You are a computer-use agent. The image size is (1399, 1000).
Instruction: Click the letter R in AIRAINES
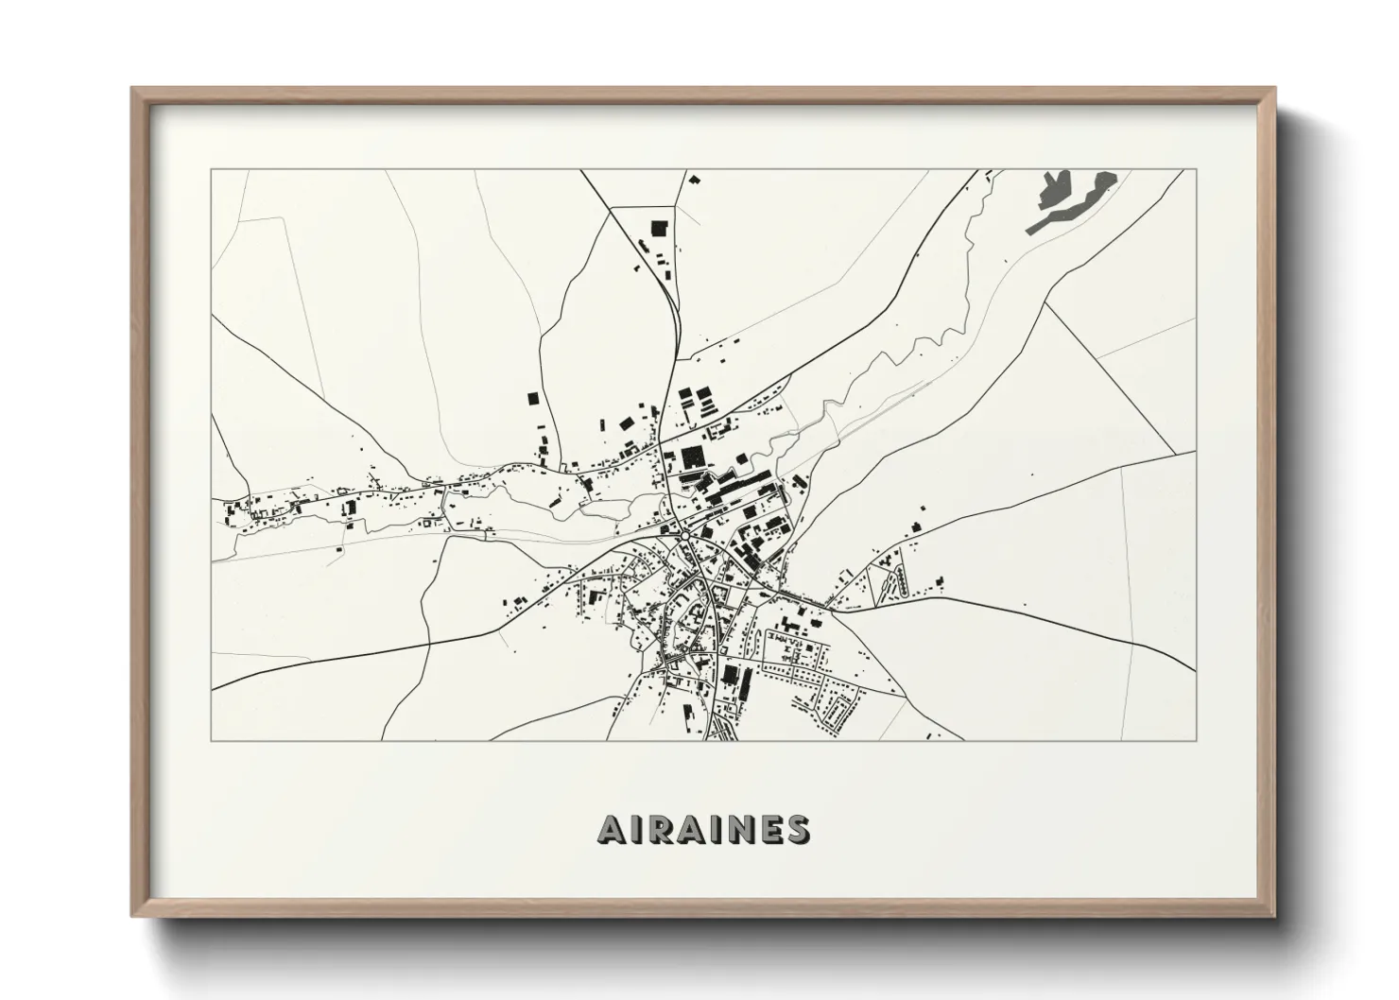point(657,830)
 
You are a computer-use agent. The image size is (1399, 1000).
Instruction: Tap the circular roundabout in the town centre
point(682,535)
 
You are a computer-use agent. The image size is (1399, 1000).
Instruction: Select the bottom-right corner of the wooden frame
point(1273,917)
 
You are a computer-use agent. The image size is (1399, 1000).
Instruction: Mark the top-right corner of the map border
point(1196,170)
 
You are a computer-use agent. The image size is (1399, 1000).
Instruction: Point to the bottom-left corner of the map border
point(211,739)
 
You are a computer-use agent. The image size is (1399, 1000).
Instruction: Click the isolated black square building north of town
point(659,227)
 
